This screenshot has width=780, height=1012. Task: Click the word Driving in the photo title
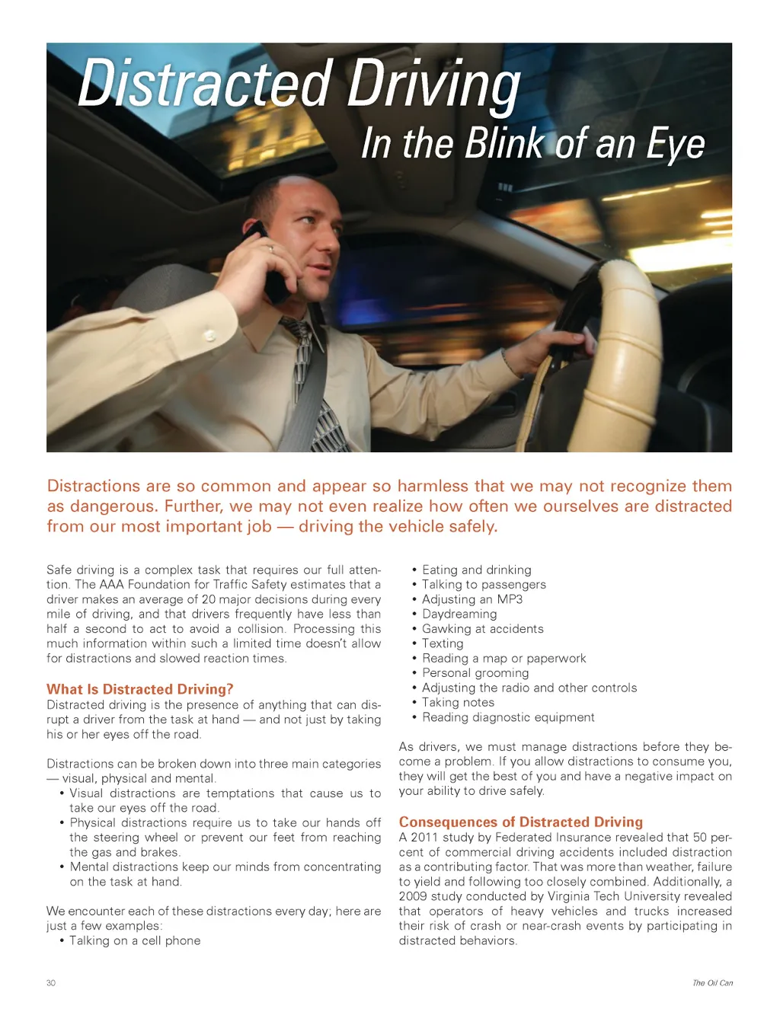[x=434, y=86]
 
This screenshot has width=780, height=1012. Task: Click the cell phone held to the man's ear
[x=266, y=263]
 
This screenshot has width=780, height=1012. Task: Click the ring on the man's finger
[x=270, y=247]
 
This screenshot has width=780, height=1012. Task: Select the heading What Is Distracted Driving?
[x=139, y=689]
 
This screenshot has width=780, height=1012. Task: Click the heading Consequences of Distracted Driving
[x=520, y=822]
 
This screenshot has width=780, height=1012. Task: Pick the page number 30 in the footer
[x=51, y=983]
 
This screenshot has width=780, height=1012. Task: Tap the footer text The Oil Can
[x=712, y=983]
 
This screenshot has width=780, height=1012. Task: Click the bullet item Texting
[x=443, y=643]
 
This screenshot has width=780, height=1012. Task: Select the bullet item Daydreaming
[x=459, y=614]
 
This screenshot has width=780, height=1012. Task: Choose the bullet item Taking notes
[x=458, y=702]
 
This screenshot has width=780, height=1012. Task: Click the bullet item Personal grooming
[x=475, y=673]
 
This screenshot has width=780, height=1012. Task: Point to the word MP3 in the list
[x=510, y=599]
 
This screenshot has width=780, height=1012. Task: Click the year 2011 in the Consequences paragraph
[x=424, y=838]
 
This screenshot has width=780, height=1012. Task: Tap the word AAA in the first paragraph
[x=111, y=585]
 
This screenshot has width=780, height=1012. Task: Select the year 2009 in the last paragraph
[x=413, y=896]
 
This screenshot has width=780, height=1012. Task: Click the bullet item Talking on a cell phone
[x=135, y=940]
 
